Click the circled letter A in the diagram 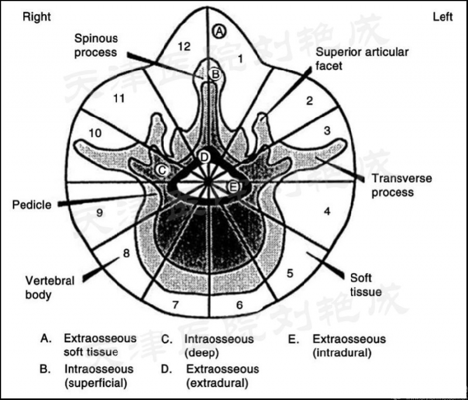[219, 30]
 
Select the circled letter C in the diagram [163, 170]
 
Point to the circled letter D [204, 157]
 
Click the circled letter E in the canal [233, 187]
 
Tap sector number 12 [184, 47]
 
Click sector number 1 [240, 57]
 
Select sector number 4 [327, 211]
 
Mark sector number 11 [119, 98]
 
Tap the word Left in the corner [442, 16]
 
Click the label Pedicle [32, 205]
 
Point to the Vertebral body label [50, 287]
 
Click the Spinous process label [96, 45]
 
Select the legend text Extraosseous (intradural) [349, 346]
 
